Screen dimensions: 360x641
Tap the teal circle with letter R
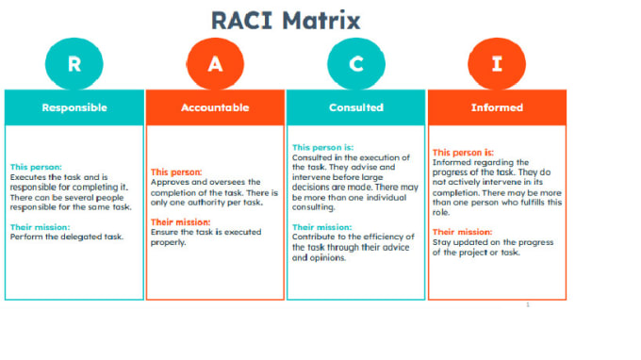[73, 64]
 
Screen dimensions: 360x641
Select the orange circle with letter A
[214, 64]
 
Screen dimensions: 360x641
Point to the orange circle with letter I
[495, 64]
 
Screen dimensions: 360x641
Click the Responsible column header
[74, 107]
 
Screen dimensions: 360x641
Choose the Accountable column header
[214, 107]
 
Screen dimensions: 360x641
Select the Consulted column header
[355, 107]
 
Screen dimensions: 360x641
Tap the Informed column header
[497, 107]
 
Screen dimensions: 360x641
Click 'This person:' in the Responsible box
[35, 167]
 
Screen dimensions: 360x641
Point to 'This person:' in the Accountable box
[176, 172]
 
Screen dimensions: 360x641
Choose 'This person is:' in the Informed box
[463, 152]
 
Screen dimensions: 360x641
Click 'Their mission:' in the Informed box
[462, 232]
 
